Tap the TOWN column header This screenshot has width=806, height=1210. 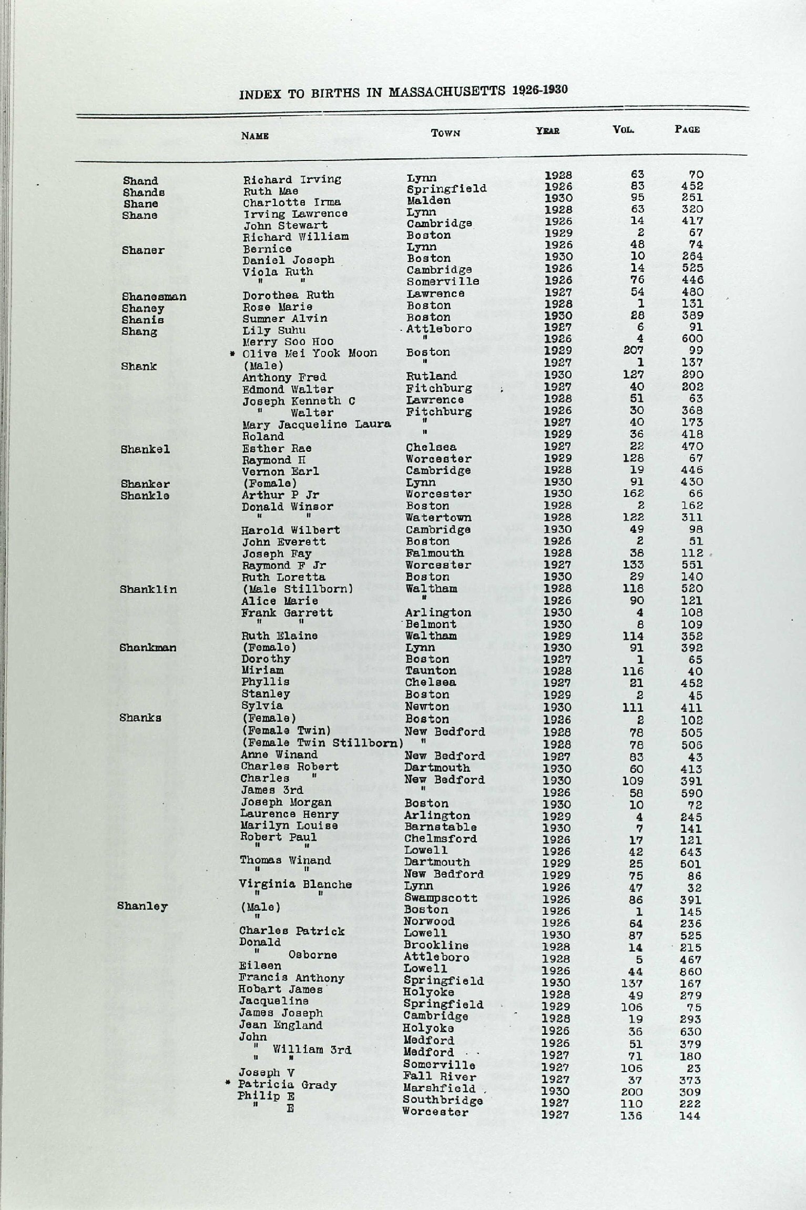pyautogui.click(x=445, y=133)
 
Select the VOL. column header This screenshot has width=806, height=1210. pyautogui.click(x=624, y=129)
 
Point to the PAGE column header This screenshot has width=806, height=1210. pyautogui.click(x=687, y=129)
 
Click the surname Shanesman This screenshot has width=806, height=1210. pyautogui.click(x=154, y=297)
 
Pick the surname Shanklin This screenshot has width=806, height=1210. pyautogui.click(x=148, y=589)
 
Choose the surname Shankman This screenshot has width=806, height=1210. pyautogui.click(x=147, y=648)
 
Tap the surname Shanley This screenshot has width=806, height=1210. pyautogui.click(x=142, y=906)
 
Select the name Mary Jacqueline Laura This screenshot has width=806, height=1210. pyautogui.click(x=316, y=424)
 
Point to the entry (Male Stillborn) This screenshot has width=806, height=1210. pyautogui.click(x=297, y=589)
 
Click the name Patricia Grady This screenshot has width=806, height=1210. pyautogui.click(x=287, y=1085)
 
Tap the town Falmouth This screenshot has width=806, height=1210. pyautogui.click(x=434, y=553)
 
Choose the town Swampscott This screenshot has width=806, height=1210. pyautogui.click(x=441, y=898)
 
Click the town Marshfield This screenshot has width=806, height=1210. pyautogui.click(x=438, y=1088)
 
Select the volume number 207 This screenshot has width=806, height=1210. pyautogui.click(x=633, y=350)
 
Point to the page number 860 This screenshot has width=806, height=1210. pyautogui.click(x=690, y=971)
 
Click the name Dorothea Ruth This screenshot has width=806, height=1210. pyautogui.click(x=288, y=295)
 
